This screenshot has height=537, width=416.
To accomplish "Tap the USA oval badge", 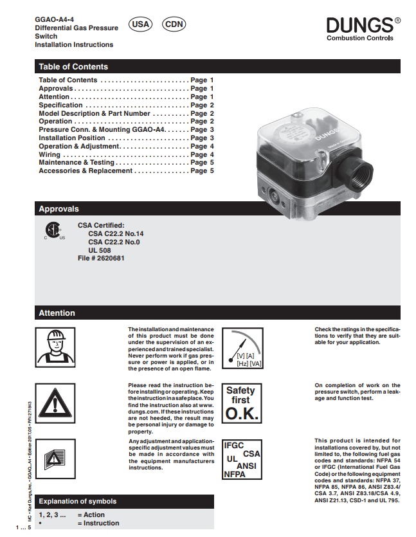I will click(140, 24).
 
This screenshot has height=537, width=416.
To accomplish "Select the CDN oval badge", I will click(174, 24).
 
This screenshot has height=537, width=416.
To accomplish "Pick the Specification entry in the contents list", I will click(61, 105).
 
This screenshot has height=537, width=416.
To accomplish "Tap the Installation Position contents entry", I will click(72, 138).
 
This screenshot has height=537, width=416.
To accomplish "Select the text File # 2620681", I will click(101, 258).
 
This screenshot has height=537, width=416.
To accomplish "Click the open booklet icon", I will click(53, 456).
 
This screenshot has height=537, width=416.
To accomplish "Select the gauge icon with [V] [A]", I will click(242, 347).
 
